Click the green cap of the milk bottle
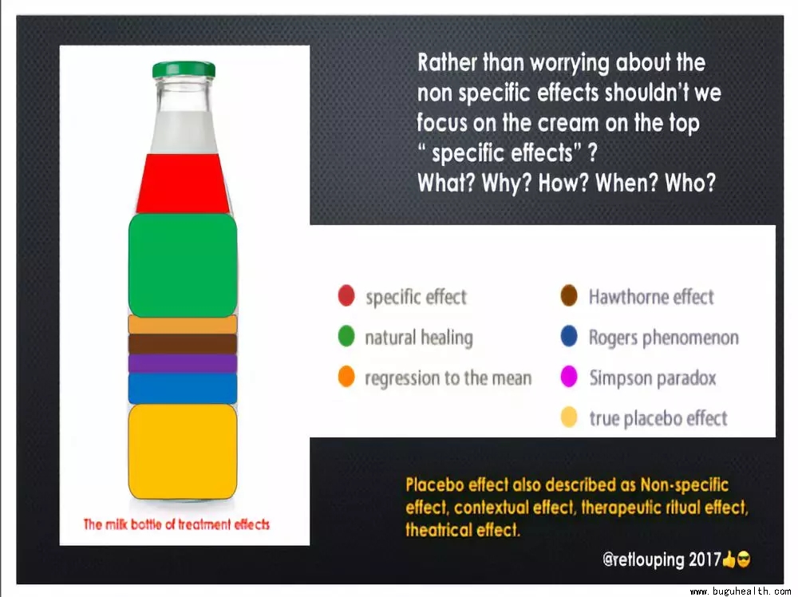184,69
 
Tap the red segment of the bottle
183,184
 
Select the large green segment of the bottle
183,265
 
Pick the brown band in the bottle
183,344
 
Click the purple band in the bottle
183,363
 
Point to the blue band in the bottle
183,389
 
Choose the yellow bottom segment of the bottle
183,452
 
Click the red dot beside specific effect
346,295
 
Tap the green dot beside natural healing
346,337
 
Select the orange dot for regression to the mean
346,377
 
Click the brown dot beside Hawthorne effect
569,295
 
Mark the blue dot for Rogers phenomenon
569,337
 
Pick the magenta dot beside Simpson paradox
569,377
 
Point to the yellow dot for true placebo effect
569,417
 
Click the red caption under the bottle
176,524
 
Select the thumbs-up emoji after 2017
729,559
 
